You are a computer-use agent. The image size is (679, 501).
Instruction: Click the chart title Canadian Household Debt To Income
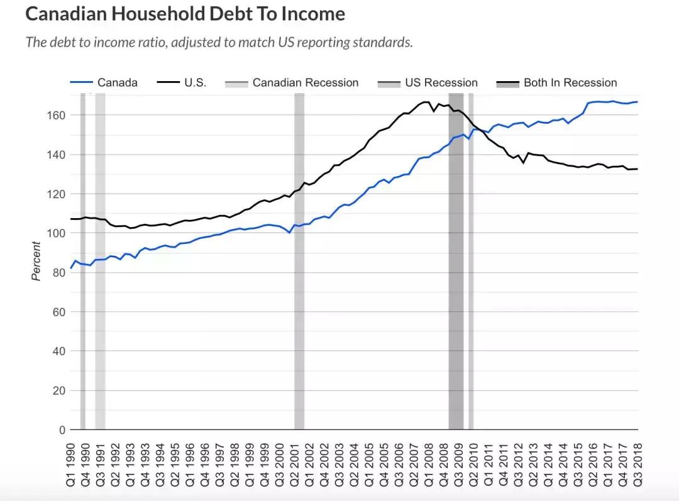185,14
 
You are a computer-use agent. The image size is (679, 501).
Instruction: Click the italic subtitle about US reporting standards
219,43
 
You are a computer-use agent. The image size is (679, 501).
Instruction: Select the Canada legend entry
117,83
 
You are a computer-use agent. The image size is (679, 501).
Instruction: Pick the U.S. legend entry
195,83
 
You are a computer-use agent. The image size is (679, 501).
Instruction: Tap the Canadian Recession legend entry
305,83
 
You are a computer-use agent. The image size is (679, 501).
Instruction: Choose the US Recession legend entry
441,83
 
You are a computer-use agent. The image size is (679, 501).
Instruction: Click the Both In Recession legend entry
570,83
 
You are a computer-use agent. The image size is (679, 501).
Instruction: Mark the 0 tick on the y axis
62,431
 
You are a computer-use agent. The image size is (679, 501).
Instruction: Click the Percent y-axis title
36,262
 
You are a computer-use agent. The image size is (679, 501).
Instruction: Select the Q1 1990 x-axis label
72,465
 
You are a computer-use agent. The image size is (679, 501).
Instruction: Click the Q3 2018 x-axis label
637,465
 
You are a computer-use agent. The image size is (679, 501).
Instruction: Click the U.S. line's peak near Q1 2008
426,102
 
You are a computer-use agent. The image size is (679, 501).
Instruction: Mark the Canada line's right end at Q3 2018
637,102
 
